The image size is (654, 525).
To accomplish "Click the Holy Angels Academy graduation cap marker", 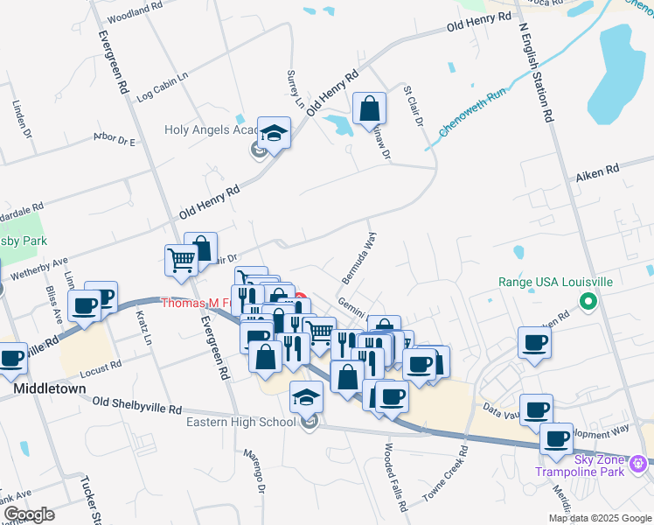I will point(275,134).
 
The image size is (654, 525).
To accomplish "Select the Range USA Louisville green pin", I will point(588,304).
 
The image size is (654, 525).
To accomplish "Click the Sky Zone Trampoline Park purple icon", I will point(646,460).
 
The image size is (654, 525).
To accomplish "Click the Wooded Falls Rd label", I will point(395,476).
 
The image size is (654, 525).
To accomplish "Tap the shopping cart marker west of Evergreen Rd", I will point(181,259).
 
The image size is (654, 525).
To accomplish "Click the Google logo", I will point(29,514).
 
